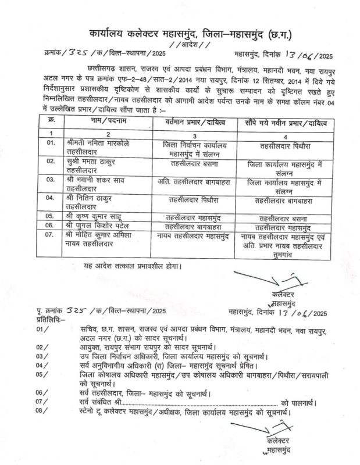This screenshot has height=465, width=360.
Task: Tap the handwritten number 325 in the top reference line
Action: click(x=77, y=55)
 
